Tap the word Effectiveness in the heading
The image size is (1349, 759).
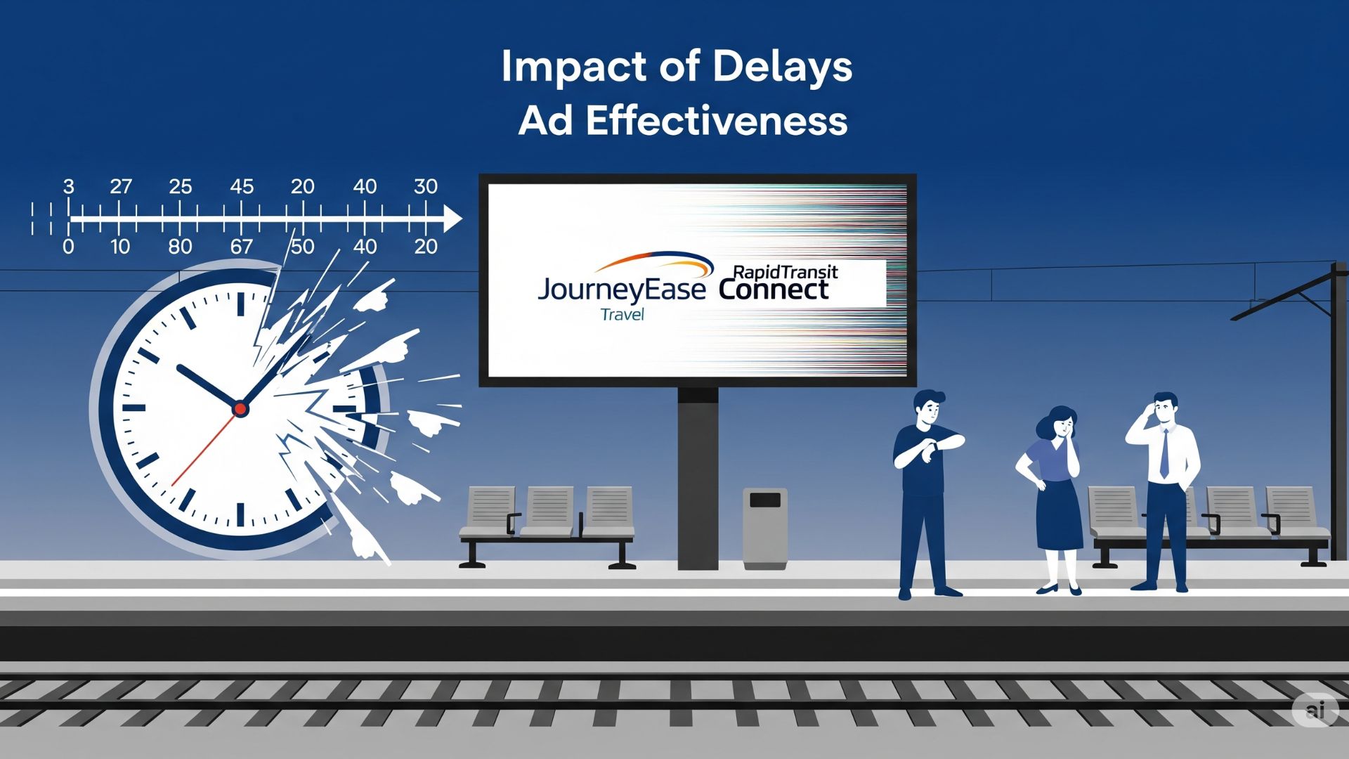[x=717, y=121]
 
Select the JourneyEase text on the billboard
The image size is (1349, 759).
[x=621, y=290]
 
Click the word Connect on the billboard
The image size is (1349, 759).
[x=773, y=290]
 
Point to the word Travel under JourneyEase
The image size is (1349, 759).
[x=622, y=315]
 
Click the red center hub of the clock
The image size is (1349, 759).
[x=240, y=408]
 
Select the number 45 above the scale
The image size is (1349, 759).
[x=242, y=186]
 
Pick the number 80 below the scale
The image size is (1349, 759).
[x=180, y=247]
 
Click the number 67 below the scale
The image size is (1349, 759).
[x=241, y=247]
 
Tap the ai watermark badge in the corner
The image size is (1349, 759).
[x=1315, y=710]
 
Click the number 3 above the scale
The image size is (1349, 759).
[x=68, y=186]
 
